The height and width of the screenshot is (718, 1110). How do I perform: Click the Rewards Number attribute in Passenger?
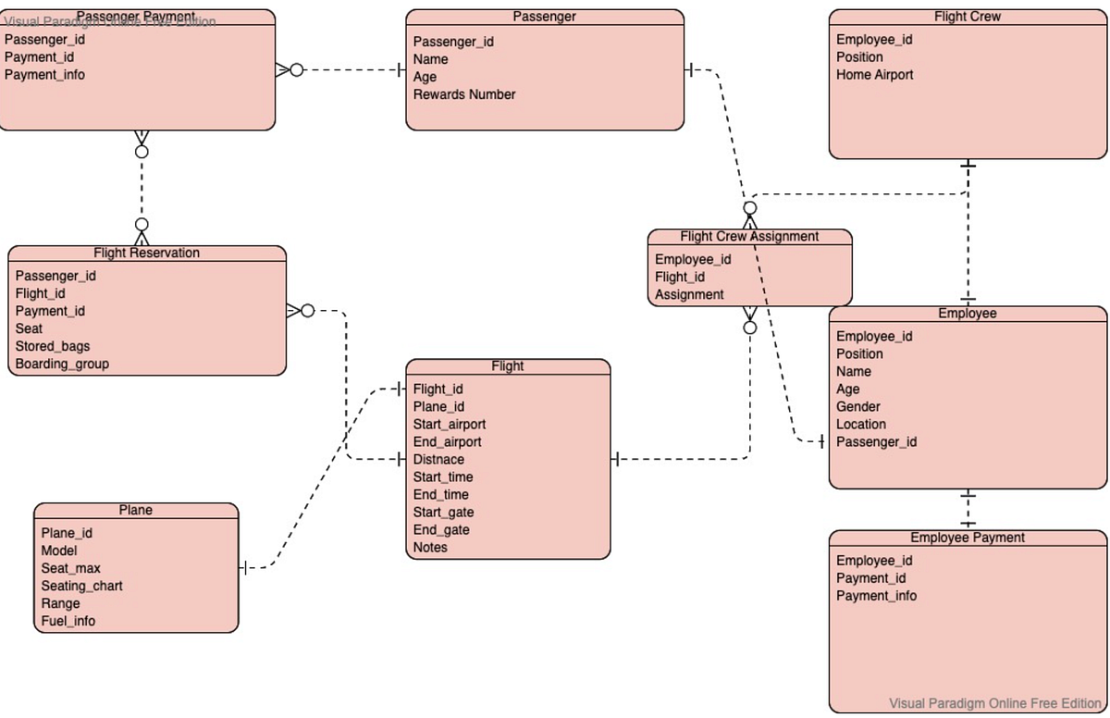[x=463, y=94]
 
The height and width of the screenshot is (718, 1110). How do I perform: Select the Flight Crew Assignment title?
[x=749, y=237]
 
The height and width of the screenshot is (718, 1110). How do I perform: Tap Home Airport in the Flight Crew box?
[x=874, y=75]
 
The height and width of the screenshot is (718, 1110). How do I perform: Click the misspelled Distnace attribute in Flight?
[x=438, y=460]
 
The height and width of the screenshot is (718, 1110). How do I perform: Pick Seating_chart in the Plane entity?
[x=81, y=586]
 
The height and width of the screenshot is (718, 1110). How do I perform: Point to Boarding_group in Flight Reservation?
[x=62, y=364]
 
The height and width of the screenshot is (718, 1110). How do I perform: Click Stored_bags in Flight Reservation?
[x=53, y=346]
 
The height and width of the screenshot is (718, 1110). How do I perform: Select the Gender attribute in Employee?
[x=857, y=407]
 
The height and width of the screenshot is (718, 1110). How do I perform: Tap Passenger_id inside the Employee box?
[x=876, y=442]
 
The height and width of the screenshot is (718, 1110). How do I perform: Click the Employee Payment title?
[x=968, y=538]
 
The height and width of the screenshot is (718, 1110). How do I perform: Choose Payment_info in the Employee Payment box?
[x=876, y=596]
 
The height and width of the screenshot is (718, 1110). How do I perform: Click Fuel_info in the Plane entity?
[x=68, y=621]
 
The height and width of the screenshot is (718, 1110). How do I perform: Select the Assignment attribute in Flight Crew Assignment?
[x=689, y=295]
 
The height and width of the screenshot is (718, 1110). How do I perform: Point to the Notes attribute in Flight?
[x=430, y=548]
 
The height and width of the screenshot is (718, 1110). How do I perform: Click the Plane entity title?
[x=136, y=511]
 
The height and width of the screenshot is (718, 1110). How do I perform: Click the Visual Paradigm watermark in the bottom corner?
[x=994, y=703]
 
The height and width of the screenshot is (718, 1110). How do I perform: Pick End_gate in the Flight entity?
[x=440, y=530]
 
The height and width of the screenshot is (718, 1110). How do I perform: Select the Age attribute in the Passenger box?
[x=425, y=77]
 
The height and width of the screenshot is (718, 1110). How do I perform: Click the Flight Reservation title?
[x=146, y=254]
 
